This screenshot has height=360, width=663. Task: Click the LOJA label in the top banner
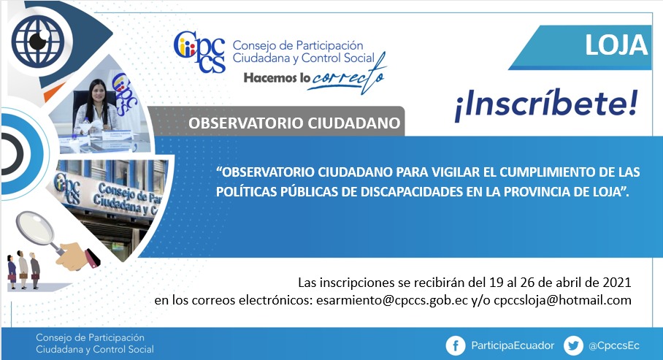pos(616,45)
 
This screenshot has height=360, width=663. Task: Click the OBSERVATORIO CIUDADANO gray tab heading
pos(294,123)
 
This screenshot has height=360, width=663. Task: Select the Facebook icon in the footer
pos(456,345)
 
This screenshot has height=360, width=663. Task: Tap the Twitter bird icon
pos(573,345)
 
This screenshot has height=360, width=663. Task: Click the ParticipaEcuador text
pos(513,345)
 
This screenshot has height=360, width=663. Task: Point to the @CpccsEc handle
pos(613,345)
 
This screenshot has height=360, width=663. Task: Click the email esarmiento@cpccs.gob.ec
pos(392,300)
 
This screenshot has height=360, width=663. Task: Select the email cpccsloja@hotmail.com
pos(562,300)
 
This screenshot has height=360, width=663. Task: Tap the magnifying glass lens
pos(35,229)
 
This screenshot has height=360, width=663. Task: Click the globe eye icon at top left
pos(38,41)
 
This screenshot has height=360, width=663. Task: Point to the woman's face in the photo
pos(97,92)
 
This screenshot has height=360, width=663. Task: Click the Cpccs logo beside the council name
pos(199,52)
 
